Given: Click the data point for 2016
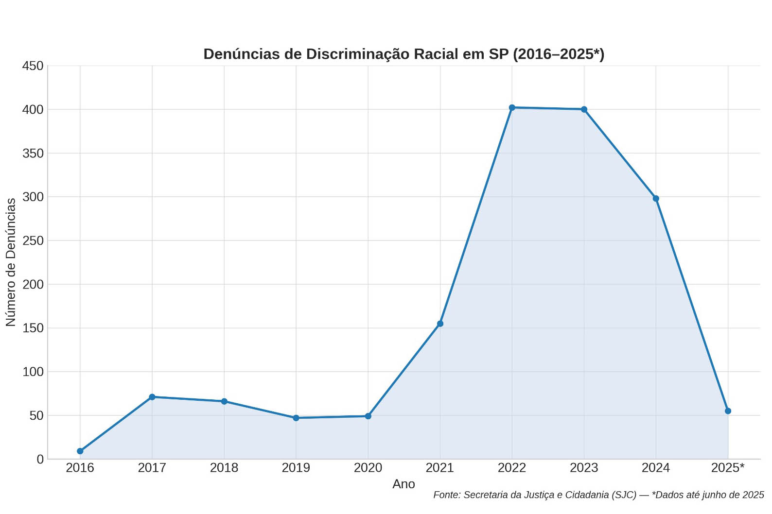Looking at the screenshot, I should (x=80, y=451).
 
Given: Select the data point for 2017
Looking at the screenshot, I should (x=152, y=397).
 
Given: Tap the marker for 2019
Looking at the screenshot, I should (x=296, y=418).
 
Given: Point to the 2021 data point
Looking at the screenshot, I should (x=440, y=324).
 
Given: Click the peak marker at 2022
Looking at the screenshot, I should (x=512, y=107).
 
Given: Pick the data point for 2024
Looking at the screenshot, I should (x=656, y=198).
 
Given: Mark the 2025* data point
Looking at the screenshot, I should (x=728, y=411).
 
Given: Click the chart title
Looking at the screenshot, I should (x=404, y=54).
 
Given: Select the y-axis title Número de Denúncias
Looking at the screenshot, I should (x=11, y=262).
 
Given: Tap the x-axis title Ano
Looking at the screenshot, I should (x=404, y=484).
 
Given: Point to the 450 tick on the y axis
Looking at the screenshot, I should (x=33, y=66).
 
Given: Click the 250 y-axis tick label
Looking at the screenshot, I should (x=33, y=240).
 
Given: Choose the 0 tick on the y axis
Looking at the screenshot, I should (x=40, y=459).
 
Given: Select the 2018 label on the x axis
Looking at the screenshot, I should (x=224, y=468).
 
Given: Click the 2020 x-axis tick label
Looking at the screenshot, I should (x=368, y=468).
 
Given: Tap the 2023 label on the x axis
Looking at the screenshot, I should (x=584, y=468).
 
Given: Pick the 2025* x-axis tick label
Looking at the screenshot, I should (x=728, y=468).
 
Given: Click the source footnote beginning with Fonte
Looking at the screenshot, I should (x=598, y=495).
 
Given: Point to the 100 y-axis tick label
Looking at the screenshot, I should (x=33, y=372).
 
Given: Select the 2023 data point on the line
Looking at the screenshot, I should (x=584, y=109).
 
